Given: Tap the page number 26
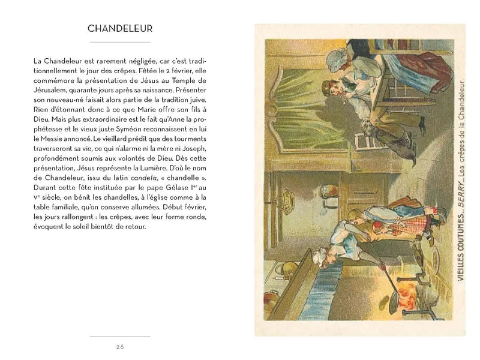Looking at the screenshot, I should pyautogui.click(x=119, y=346).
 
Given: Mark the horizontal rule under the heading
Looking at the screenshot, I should pyautogui.click(x=119, y=42).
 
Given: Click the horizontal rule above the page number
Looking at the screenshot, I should pyautogui.click(x=119, y=336).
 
